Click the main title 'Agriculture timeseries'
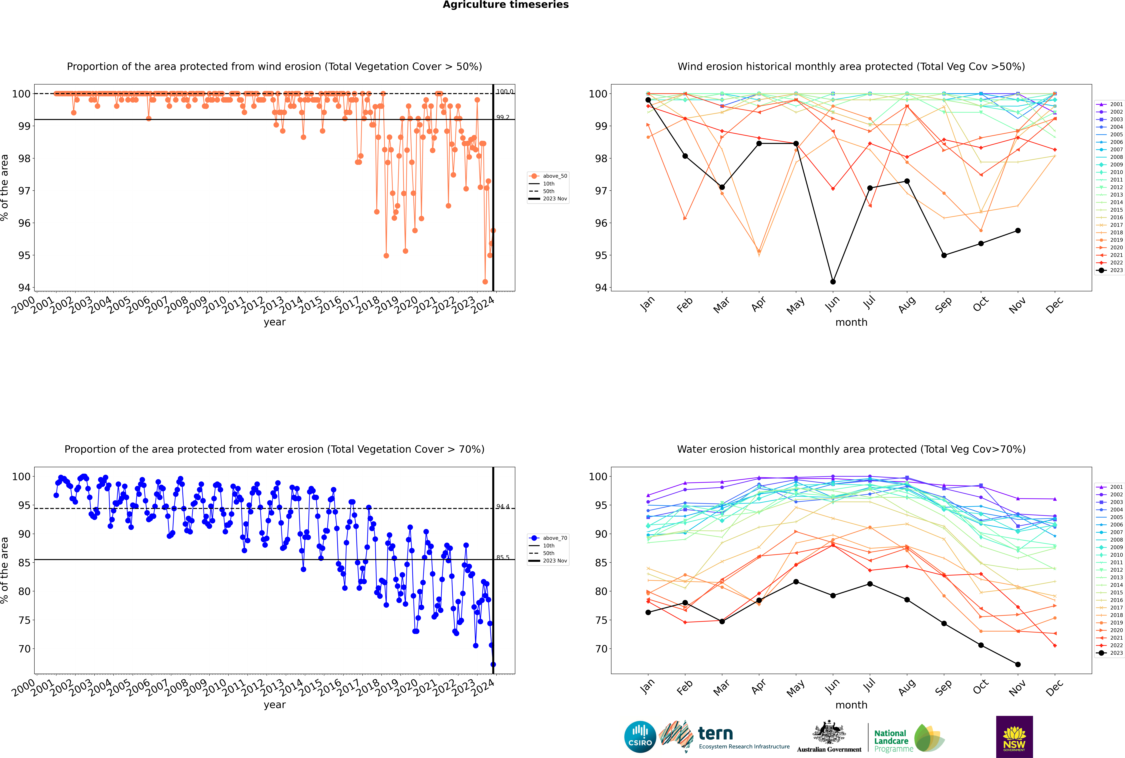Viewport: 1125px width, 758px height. pyautogui.click(x=505, y=5)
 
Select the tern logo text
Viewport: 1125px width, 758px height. pyautogui.click(x=715, y=734)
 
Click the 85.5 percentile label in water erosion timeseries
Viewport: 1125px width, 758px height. pyautogui.click(x=503, y=557)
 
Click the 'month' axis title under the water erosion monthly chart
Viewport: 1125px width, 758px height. pyautogui.click(x=851, y=705)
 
